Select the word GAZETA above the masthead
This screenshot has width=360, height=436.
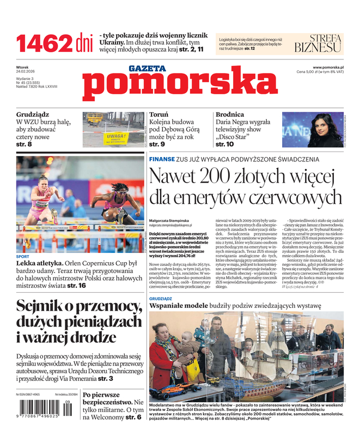tap(147, 69)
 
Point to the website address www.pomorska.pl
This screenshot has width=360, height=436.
tap(332, 67)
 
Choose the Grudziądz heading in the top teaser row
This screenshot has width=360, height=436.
tap(33, 115)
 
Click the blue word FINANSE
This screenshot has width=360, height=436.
tap(161, 160)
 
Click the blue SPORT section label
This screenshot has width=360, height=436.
tap(23, 256)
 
